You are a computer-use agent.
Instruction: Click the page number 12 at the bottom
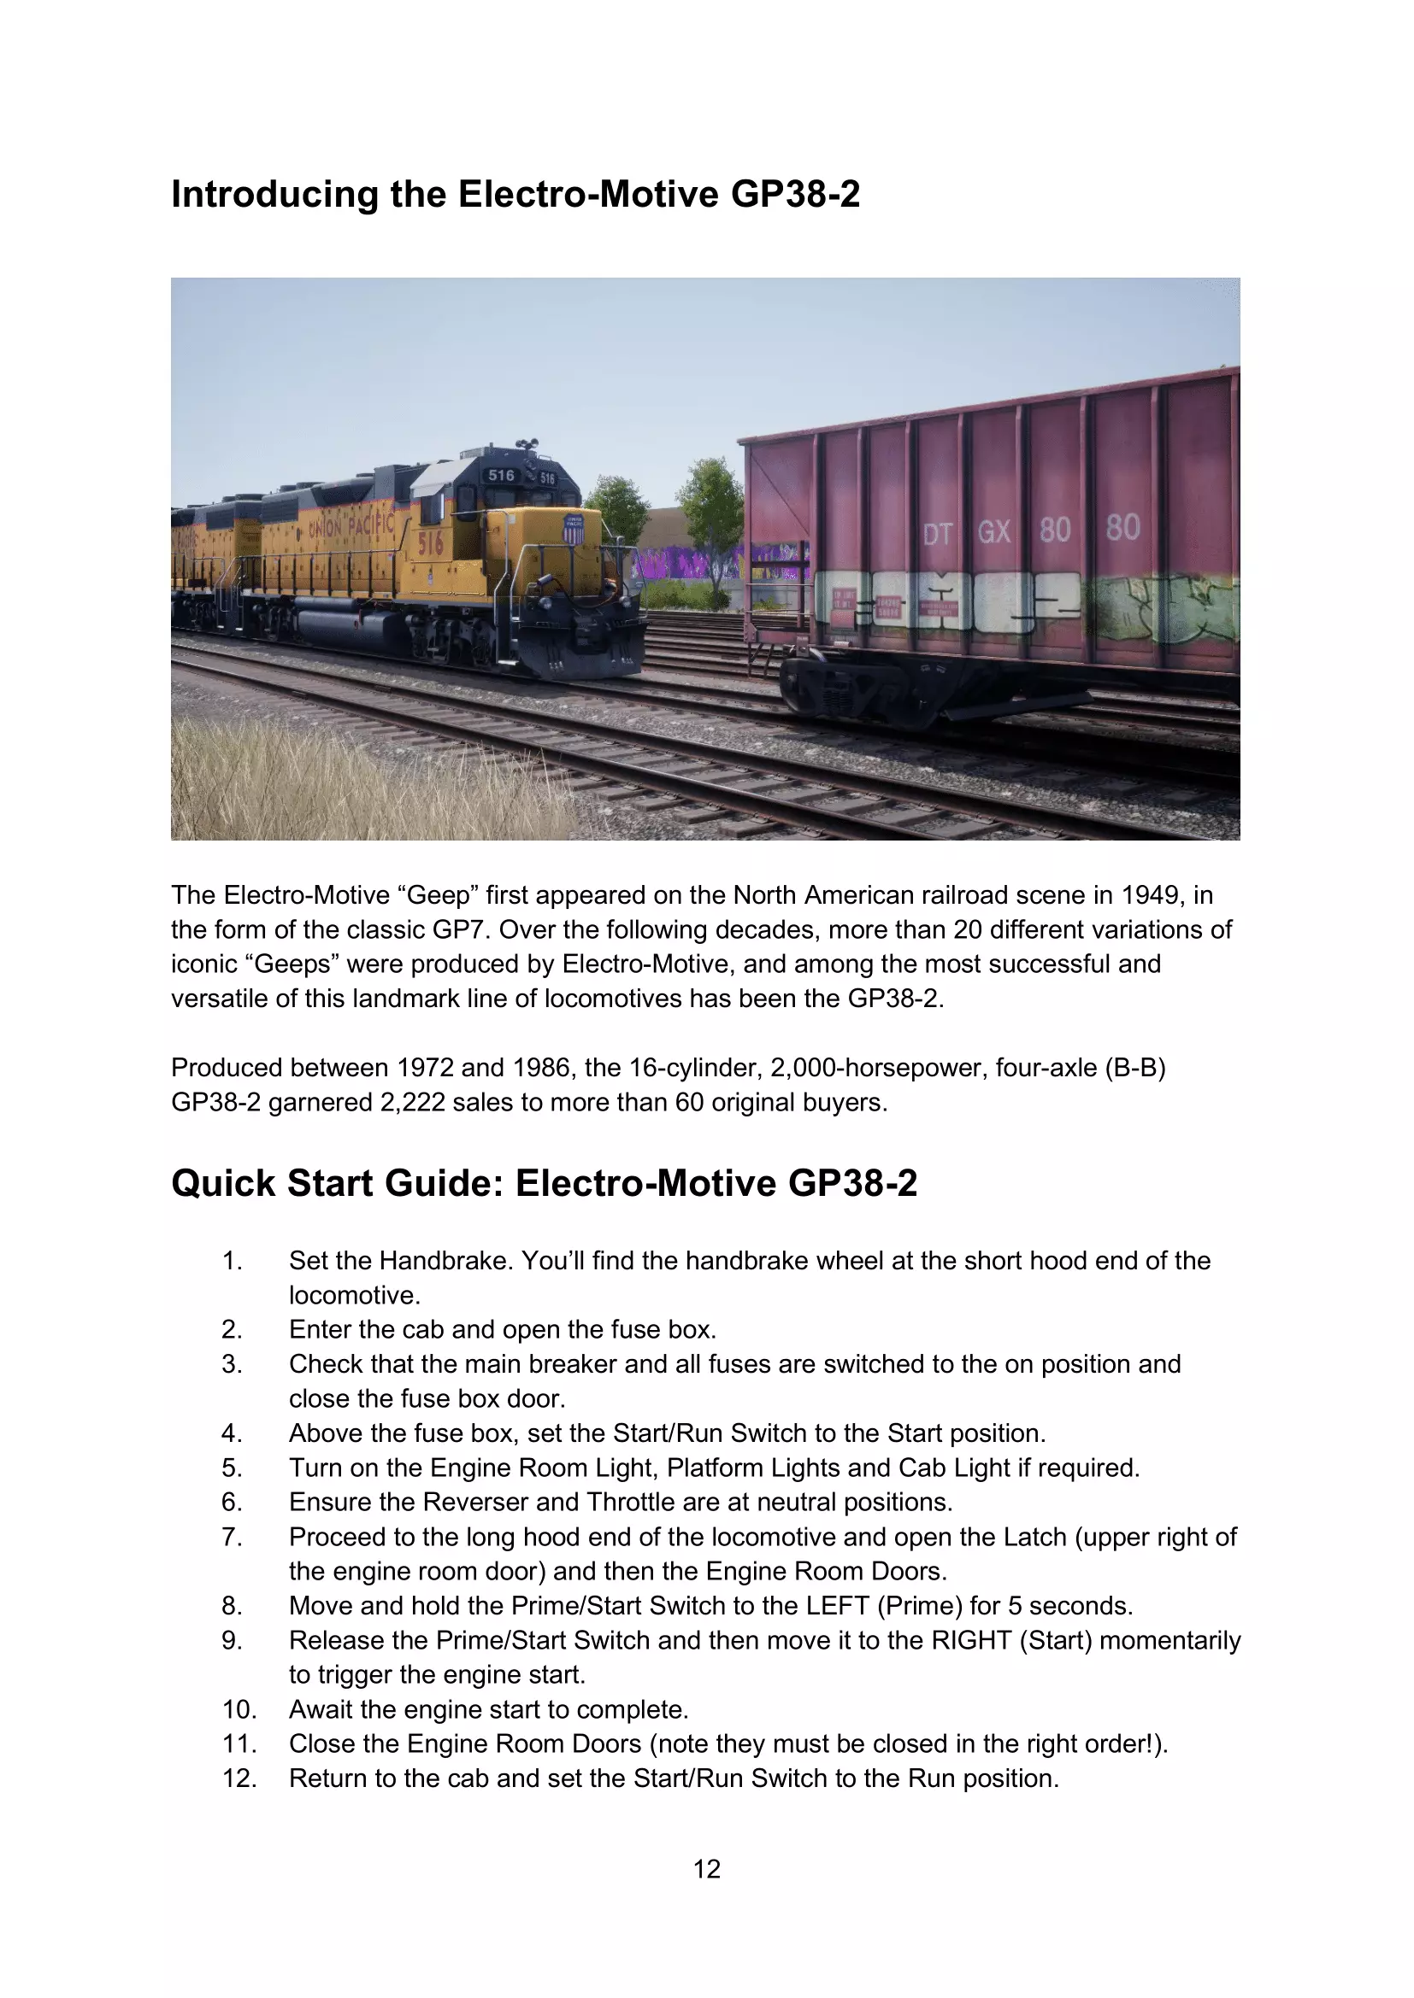[706, 1868]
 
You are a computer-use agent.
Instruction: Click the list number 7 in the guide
[232, 1537]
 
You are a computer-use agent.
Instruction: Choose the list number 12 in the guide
[239, 1778]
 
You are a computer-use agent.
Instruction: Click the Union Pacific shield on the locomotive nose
[573, 529]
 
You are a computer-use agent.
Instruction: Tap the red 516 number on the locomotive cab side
[431, 544]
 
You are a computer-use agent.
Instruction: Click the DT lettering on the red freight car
[938, 533]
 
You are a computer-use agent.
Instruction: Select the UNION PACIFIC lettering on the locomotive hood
[351, 526]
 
